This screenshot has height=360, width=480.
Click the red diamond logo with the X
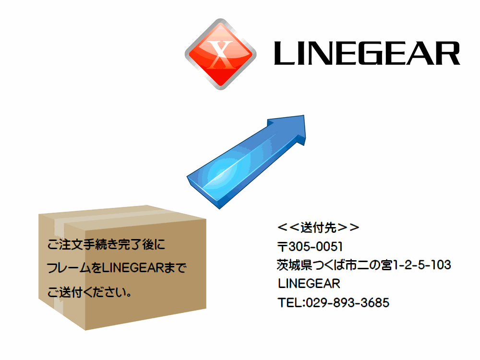[221, 54]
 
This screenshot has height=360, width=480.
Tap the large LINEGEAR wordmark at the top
[367, 53]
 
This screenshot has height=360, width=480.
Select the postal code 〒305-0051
[310, 246]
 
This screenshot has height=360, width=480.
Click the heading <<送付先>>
[318, 228]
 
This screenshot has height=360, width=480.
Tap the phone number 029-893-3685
[348, 303]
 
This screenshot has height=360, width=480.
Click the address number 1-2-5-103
[421, 265]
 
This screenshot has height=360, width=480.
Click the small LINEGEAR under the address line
[309, 284]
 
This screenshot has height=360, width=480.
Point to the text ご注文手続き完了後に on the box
[106, 244]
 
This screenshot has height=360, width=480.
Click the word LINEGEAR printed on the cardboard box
[133, 268]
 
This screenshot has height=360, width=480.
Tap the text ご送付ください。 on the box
[89, 292]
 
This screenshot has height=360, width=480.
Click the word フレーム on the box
[69, 268]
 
